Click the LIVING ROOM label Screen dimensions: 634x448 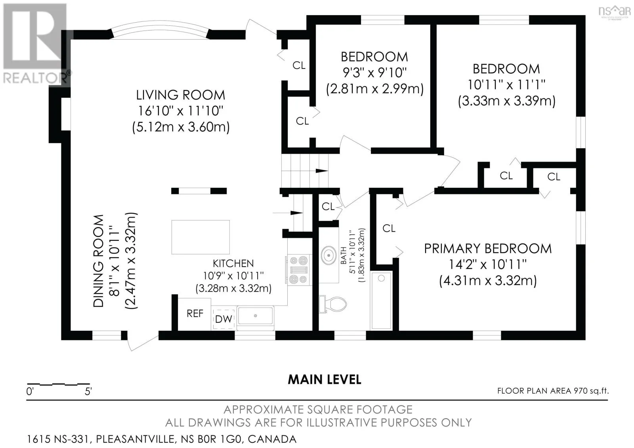[x=181, y=95]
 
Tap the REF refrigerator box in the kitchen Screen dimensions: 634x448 [x=195, y=314]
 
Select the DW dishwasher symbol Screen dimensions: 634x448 [x=223, y=318]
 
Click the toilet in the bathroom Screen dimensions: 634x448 [x=333, y=305]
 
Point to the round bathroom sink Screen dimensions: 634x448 [x=328, y=255]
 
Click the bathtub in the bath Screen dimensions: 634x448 [x=381, y=301]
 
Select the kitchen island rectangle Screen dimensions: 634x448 [x=201, y=237]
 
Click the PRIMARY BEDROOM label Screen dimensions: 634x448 [x=488, y=249]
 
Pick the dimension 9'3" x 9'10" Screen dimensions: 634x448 [x=374, y=73]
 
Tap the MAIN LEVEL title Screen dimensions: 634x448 [x=325, y=379]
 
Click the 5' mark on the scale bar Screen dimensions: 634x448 [x=88, y=392]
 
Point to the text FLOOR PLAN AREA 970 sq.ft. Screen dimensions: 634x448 [x=553, y=391]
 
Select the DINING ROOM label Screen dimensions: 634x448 [x=99, y=261]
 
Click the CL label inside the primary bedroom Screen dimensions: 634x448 [x=389, y=229]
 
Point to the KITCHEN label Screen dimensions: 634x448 [x=233, y=263]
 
